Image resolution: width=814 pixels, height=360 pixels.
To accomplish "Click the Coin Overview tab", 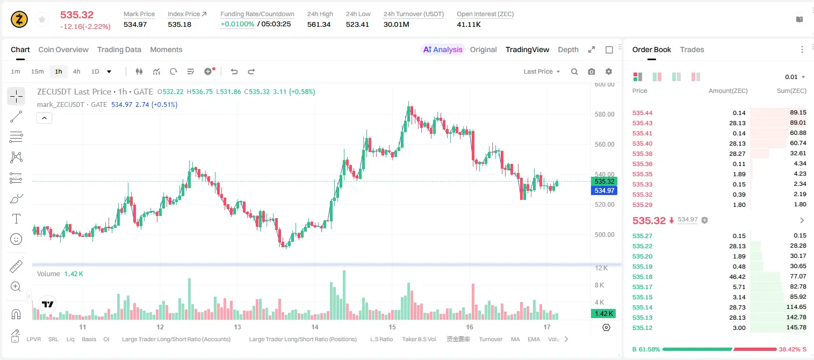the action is point(63,49).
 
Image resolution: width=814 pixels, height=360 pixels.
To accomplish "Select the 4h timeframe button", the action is point(76,71).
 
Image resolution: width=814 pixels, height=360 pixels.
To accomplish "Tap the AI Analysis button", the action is point(443,49).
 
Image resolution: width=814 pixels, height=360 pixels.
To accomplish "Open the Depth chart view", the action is point(568,49).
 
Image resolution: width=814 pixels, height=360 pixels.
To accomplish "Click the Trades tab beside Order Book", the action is point(692,49).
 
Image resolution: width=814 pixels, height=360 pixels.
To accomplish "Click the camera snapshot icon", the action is point(592,71).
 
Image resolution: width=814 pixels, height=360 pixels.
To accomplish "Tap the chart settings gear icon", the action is point(609,71).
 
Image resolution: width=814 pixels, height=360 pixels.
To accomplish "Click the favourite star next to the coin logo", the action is point(42,19).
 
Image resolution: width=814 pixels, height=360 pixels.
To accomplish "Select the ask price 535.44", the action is point(642,113).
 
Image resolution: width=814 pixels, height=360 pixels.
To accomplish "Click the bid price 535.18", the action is point(642,277).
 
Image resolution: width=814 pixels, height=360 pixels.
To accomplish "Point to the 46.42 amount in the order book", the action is point(737,277).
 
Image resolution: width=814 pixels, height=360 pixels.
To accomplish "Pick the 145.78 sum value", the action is point(796,327).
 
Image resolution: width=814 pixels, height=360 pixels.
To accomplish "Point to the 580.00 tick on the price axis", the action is point(604,114).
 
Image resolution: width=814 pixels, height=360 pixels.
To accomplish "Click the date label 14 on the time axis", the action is point(315,327).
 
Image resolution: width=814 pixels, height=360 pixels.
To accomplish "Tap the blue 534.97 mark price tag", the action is point(604,190).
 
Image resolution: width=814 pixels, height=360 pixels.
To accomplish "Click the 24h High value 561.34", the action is point(319,24).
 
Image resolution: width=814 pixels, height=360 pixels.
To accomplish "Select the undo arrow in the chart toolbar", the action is point(234,71).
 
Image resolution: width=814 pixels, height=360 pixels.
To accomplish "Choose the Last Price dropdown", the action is point(542,71).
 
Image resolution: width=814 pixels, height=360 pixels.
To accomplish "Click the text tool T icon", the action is point(16,219).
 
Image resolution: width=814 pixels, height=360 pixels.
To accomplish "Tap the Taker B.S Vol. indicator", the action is point(419,339).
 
